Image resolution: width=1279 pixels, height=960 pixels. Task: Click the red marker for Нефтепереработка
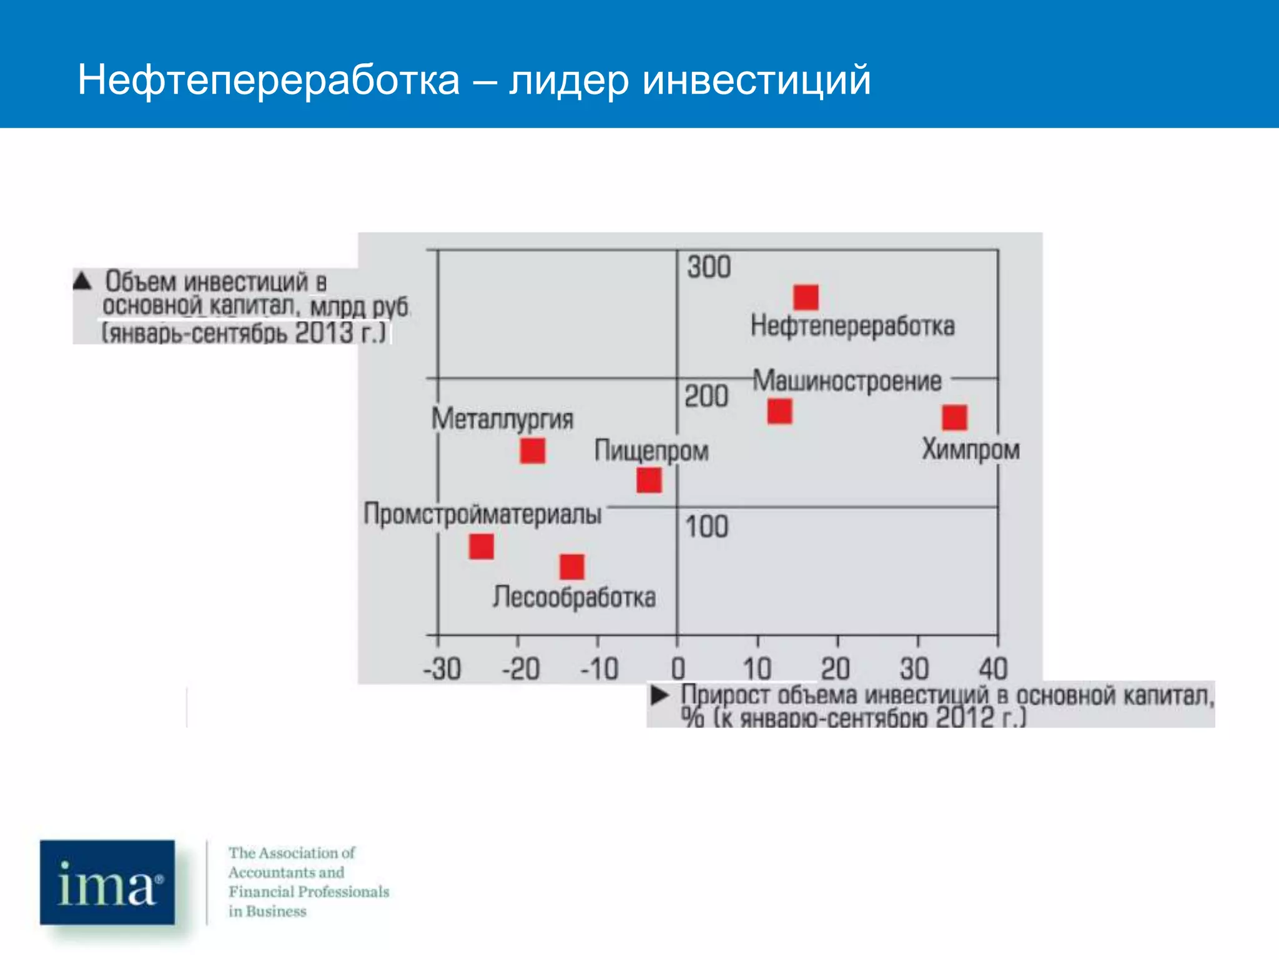(x=806, y=297)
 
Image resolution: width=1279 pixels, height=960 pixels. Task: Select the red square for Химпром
(x=954, y=417)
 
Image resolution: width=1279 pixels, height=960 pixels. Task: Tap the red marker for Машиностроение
(x=779, y=411)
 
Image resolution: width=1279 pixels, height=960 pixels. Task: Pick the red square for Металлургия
(x=533, y=451)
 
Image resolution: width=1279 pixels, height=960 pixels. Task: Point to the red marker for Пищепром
(x=649, y=481)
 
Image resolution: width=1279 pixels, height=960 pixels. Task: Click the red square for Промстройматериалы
(x=481, y=547)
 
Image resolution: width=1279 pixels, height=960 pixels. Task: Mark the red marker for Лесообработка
(x=572, y=567)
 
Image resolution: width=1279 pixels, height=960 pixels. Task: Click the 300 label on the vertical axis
(x=709, y=267)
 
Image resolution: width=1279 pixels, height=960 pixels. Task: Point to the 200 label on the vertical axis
(x=706, y=396)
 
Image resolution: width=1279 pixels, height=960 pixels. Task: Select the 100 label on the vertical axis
(x=707, y=527)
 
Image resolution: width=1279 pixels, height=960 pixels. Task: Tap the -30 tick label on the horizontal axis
(x=442, y=669)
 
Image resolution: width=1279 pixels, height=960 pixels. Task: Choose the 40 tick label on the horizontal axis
(x=993, y=669)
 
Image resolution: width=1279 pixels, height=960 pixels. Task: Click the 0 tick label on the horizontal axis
(x=678, y=669)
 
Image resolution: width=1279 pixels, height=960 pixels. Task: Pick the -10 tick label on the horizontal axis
(x=600, y=669)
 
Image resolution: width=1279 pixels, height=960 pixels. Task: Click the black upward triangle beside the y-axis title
(x=82, y=281)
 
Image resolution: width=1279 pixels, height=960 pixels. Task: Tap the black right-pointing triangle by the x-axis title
(x=659, y=695)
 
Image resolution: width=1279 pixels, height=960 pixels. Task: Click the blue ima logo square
(x=107, y=882)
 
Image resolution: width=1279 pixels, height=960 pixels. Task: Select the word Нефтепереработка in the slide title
(x=269, y=80)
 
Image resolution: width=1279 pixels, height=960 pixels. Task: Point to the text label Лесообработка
(x=575, y=597)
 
